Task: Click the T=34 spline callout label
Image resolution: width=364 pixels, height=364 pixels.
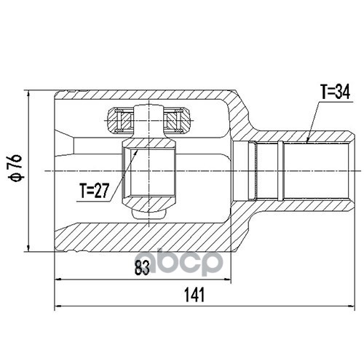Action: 336,92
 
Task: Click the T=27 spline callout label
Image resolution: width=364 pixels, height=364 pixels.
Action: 95,191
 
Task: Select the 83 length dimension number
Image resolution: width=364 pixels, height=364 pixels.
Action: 142,268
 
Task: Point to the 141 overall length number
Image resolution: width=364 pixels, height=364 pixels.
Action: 194,294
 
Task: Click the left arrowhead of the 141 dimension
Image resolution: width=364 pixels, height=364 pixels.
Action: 58,306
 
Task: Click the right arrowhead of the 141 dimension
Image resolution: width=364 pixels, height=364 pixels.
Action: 352,306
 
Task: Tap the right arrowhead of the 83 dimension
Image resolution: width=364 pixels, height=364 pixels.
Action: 227,280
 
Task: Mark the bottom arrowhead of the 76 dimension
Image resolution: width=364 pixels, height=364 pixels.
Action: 29,248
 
